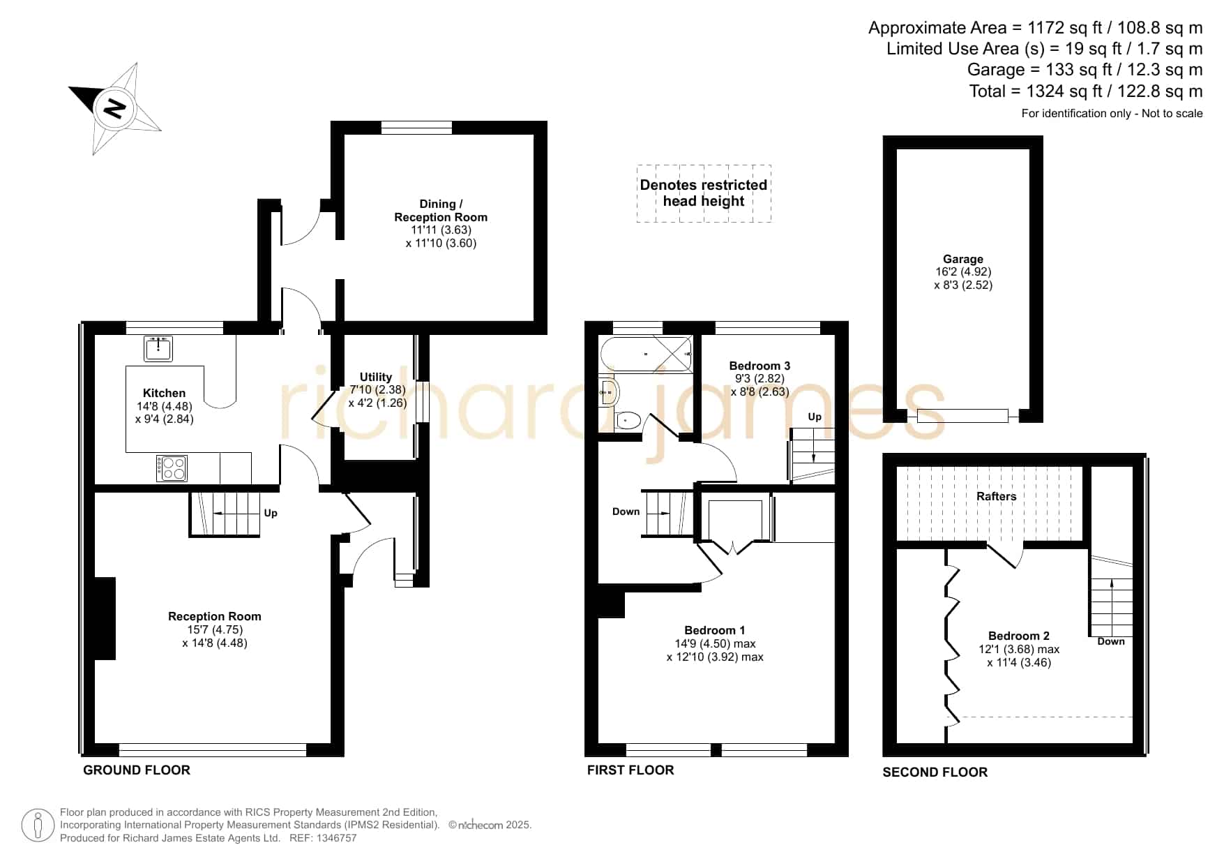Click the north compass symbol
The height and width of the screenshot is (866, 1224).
(115, 108)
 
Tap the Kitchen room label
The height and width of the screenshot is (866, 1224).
(164, 393)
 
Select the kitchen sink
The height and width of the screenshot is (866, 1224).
(158, 348)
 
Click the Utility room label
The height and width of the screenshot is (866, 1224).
(376, 377)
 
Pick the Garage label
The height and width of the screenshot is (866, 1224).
(963, 259)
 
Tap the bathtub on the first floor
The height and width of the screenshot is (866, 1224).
(646, 354)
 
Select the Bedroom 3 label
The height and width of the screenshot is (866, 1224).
(760, 366)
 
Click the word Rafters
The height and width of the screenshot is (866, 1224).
(996, 496)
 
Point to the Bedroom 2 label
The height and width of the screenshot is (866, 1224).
(1019, 636)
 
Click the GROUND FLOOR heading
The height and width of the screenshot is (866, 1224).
(137, 770)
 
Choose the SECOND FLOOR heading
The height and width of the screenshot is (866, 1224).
(935, 772)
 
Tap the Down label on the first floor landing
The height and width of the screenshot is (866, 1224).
(626, 512)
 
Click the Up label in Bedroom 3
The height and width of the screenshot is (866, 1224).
(815, 417)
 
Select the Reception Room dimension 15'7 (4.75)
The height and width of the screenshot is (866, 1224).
(215, 629)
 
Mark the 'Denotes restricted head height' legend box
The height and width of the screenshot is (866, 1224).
(704, 193)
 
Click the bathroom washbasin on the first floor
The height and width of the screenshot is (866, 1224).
(609, 393)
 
